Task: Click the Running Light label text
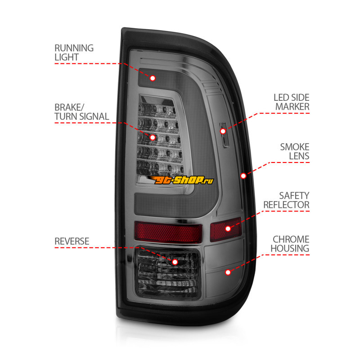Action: coord(74,53)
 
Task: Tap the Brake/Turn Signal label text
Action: coord(82,112)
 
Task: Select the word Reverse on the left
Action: coord(72,241)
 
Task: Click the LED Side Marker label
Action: coord(292,102)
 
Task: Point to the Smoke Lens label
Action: coord(295,151)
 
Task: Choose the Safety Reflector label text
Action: coord(286,200)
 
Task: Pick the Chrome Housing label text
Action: coord(290,244)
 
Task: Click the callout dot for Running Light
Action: coord(153,78)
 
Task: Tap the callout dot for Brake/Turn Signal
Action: coord(153,138)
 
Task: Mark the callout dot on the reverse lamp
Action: coord(175,262)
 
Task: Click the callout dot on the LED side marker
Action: coord(223,131)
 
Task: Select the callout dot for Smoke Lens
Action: coord(243,176)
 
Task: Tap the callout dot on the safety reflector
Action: coord(228,229)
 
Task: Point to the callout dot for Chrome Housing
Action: coord(228,272)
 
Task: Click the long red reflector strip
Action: coord(168,232)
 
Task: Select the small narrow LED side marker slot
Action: coord(224,135)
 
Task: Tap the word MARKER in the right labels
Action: coord(292,107)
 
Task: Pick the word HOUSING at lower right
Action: coord(290,248)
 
